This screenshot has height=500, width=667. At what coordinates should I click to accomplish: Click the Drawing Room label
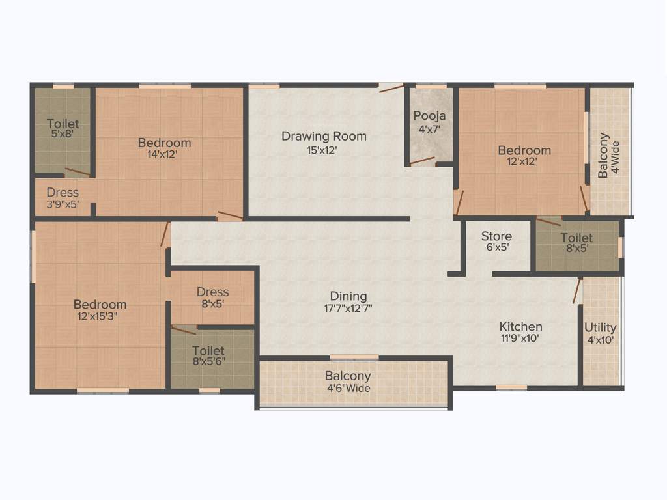click(x=324, y=136)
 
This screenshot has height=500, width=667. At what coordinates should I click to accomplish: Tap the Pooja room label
click(x=430, y=117)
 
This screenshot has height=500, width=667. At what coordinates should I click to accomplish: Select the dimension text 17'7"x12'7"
click(x=348, y=309)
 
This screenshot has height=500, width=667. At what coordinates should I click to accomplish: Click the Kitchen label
click(x=520, y=326)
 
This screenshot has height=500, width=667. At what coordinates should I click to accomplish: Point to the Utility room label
click(x=600, y=327)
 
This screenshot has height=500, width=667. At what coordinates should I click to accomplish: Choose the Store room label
click(x=496, y=236)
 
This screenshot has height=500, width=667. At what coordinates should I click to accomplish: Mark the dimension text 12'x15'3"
click(x=100, y=317)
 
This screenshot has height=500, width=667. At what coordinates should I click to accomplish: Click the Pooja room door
click(x=422, y=160)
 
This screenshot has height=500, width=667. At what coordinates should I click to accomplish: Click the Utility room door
click(x=576, y=291)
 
